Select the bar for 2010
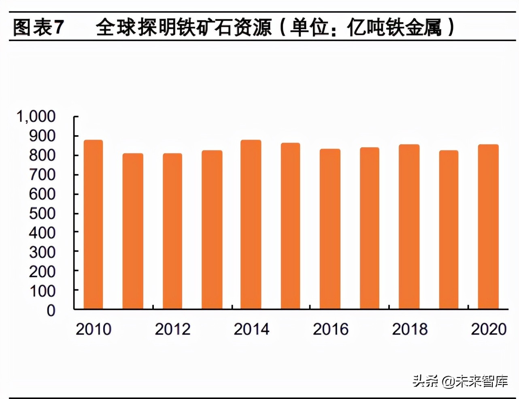pos(93,225)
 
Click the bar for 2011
pos(133,231)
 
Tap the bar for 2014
pos(251,225)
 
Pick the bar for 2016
pos(330,229)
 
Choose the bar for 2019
pos(449,230)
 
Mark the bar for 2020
pos(488,227)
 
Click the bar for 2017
pos(370,228)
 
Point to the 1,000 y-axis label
pos(36,117)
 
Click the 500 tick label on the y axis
pos(42,213)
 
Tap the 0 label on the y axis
pos(51,310)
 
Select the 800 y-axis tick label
pos(42,155)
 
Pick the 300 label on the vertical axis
pos(42,252)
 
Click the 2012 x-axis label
pos(172,329)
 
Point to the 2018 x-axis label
pos(410,329)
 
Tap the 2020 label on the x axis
pos(489,329)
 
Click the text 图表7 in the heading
pos(38,28)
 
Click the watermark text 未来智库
pos(481,381)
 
